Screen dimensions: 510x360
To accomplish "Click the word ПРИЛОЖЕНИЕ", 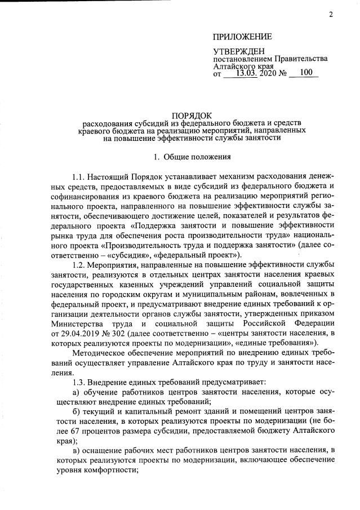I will (x=242, y=37).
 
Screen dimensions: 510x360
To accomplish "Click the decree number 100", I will (x=306, y=73).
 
